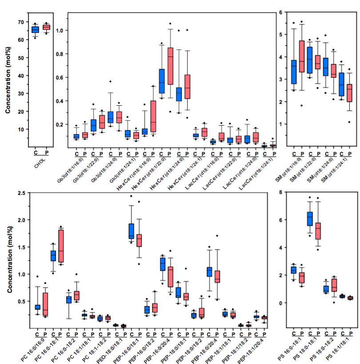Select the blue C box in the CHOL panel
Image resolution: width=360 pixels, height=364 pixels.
point(35,30)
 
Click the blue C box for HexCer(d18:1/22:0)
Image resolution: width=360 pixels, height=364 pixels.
point(162,81)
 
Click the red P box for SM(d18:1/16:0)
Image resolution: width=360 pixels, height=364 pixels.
point(302,56)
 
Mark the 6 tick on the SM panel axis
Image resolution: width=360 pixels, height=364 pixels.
point(280,12)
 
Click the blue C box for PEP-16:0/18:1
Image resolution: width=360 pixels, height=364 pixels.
point(131,231)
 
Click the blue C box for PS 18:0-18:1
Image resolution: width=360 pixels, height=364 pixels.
point(310,219)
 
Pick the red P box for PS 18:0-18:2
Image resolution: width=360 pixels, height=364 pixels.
point(335,285)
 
